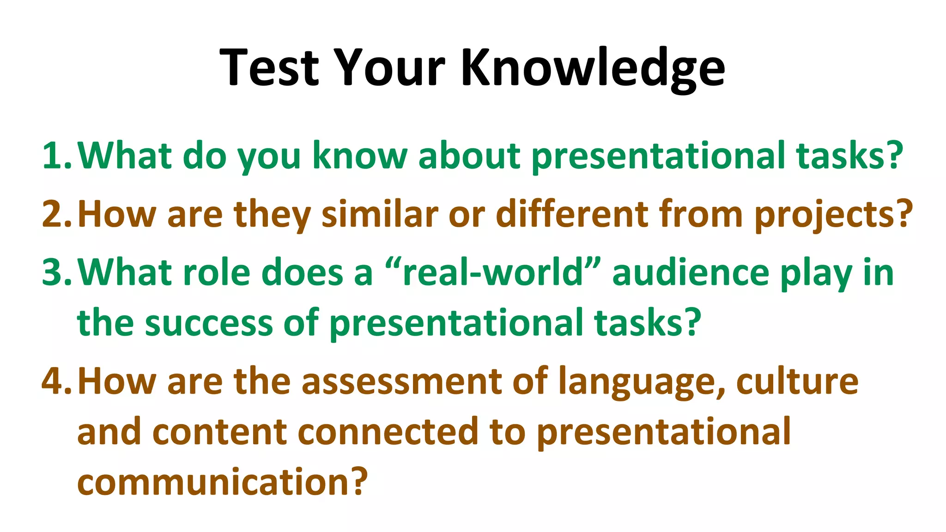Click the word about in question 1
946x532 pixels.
469,156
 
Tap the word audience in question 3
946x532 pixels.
691,272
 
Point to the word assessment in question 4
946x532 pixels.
401,381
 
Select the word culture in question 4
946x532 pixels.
797,381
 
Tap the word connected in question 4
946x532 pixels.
388,432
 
